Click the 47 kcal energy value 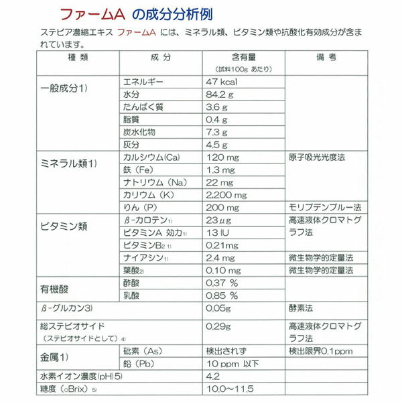coord(222,82)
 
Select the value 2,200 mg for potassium coord(226,194)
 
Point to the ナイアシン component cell coord(145,258)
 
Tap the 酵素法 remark coord(301,310)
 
